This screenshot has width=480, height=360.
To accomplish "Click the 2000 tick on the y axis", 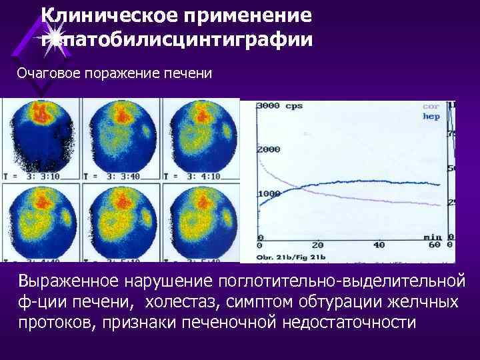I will [x=269, y=150].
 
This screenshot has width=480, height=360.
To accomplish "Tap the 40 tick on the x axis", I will [x=378, y=245].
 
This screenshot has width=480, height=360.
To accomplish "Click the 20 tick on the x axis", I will [x=318, y=245].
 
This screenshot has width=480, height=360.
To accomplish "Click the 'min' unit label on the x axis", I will [x=433, y=236].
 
